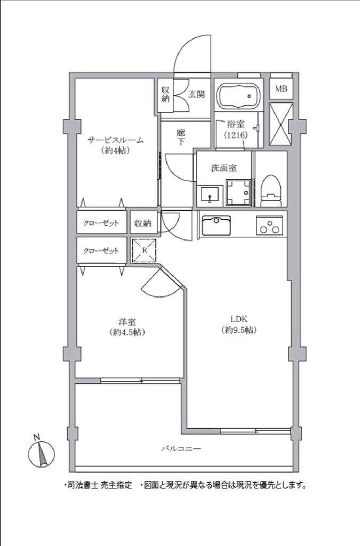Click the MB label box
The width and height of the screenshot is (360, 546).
(281, 89)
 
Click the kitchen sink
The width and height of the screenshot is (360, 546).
(216, 224)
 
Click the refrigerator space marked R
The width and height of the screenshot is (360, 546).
(145, 251)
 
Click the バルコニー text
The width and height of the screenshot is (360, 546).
(181, 449)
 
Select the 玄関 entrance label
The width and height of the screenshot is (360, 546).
(196, 94)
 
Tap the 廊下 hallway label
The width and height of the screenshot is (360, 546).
(181, 139)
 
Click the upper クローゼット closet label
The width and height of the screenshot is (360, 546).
(100, 223)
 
